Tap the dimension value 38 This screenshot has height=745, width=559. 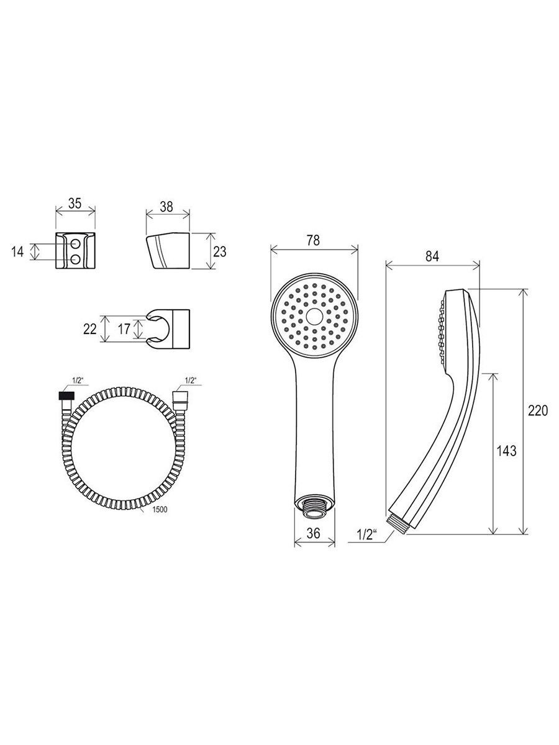click(166, 207)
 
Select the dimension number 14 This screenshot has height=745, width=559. click(17, 252)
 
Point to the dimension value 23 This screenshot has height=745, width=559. click(220, 252)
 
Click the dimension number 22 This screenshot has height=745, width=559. click(90, 329)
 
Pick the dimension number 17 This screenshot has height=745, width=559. click(124, 329)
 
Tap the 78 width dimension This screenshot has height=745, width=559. click(313, 241)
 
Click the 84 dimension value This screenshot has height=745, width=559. click(432, 256)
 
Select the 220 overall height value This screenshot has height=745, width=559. click(538, 411)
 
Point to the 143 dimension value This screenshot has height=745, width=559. click(506, 451)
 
